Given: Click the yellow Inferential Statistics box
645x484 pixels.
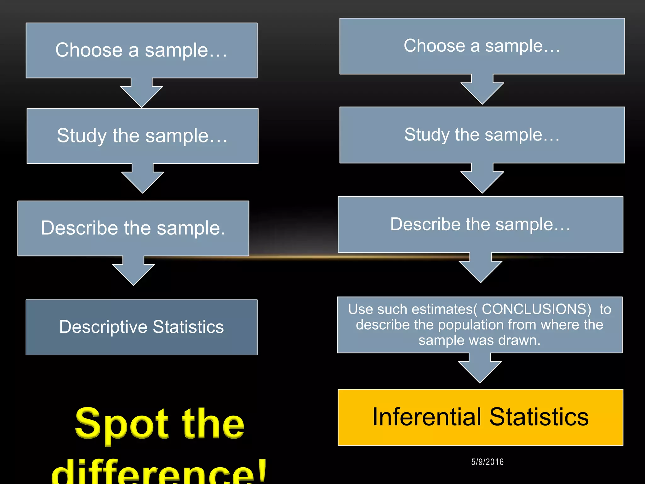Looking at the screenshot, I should (x=480, y=417).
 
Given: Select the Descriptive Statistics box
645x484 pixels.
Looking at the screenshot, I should (x=141, y=327).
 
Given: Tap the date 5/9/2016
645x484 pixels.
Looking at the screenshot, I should (x=487, y=462).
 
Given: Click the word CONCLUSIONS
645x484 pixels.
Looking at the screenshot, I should (x=536, y=309).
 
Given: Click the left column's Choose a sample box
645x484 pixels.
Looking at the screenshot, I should (x=141, y=50).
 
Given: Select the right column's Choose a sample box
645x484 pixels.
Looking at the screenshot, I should (x=482, y=46).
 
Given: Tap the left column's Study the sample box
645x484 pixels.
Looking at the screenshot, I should (x=142, y=136).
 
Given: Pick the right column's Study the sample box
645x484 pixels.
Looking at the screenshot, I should (x=482, y=135).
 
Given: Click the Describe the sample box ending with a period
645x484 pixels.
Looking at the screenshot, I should (x=133, y=228).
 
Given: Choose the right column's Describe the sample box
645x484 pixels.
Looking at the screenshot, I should (x=480, y=224).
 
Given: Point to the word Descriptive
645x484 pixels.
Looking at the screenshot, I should (x=103, y=327).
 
